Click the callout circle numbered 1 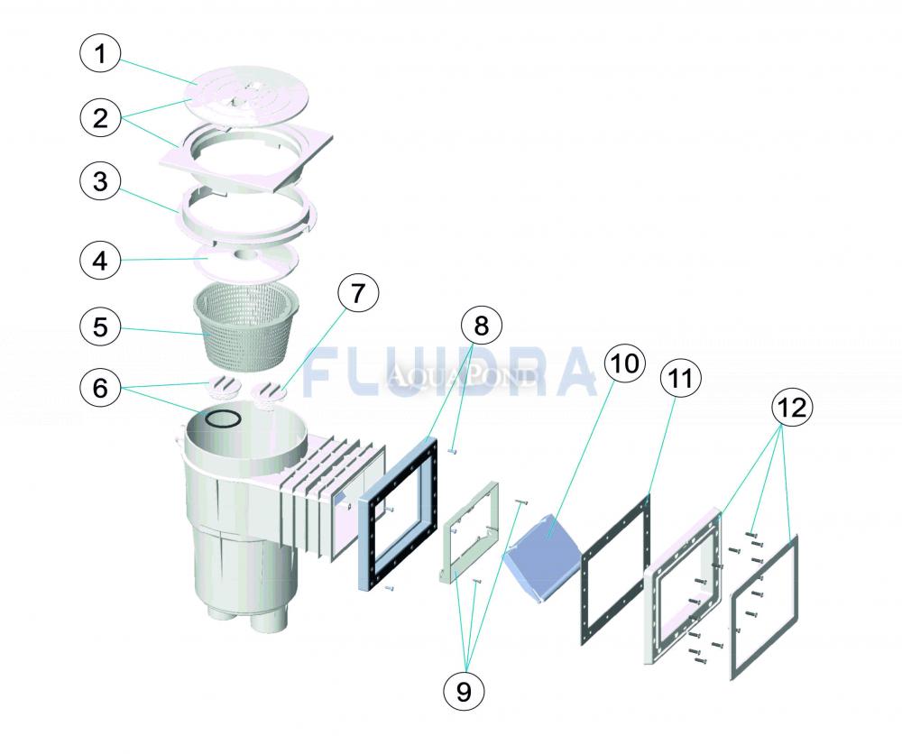pos(100,54)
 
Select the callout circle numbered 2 pos(100,118)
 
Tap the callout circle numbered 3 pos(100,182)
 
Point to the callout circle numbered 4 pos(100,261)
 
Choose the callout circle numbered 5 pos(100,327)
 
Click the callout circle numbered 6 pos(100,388)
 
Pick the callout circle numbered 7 pos(358,293)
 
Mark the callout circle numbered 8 pos(481,326)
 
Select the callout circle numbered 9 pos(464,692)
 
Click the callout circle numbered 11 pos(680,379)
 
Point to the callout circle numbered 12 pos(792,407)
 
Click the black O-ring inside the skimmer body pos(223,418)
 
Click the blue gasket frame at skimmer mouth pos(397,513)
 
